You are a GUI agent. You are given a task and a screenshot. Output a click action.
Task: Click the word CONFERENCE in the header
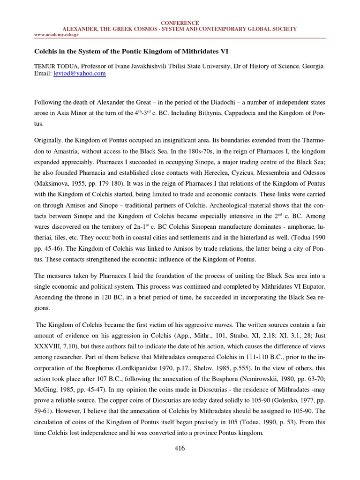(x=180, y=23)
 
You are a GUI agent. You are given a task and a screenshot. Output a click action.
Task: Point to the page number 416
(x=180, y=449)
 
